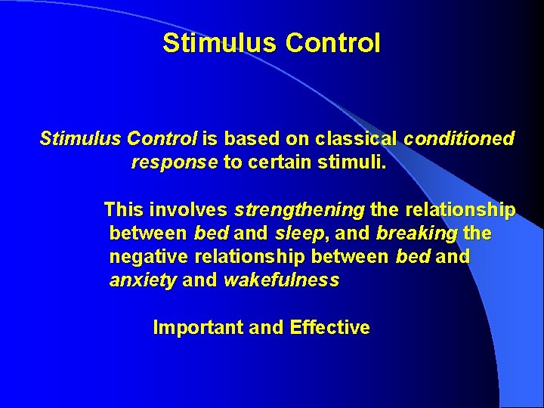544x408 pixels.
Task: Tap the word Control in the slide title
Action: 333,43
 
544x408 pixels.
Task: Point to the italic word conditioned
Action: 459,139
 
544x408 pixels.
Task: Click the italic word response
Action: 175,162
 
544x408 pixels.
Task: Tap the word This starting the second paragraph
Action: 123,209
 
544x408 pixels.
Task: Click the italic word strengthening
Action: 300,209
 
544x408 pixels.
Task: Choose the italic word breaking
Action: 416,233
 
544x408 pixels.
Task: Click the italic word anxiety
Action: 143,281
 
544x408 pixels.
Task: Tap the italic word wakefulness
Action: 282,281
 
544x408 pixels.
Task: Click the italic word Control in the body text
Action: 162,139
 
